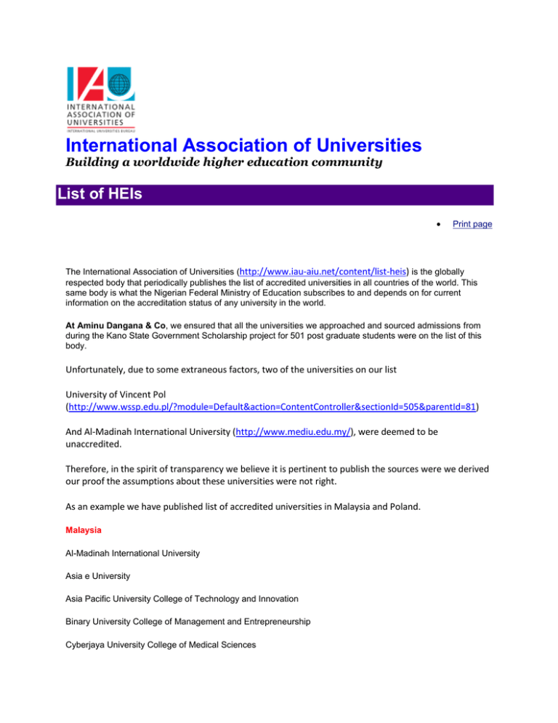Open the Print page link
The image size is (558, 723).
pyautogui.click(x=472, y=224)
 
